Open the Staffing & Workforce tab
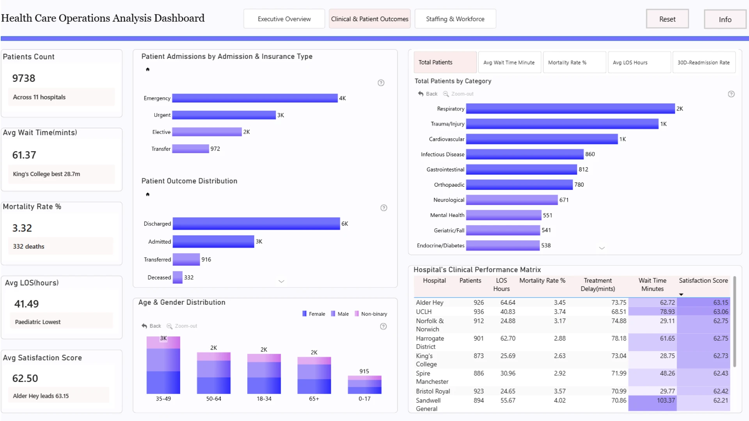tap(455, 19)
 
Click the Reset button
tap(667, 19)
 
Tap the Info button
tap(725, 19)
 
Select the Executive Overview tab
tap(284, 19)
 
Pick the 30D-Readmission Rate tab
tap(704, 62)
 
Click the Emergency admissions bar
tap(255, 98)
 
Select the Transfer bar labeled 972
tap(190, 149)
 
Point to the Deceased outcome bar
tap(177, 278)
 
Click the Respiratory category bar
tap(570, 109)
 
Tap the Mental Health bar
tap(504, 215)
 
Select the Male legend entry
tap(340, 314)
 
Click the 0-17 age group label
tap(364, 399)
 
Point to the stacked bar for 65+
tap(314, 375)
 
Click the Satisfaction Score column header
tap(703, 281)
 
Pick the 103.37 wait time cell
tap(666, 400)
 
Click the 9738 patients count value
tap(24, 78)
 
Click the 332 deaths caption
tap(28, 246)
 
